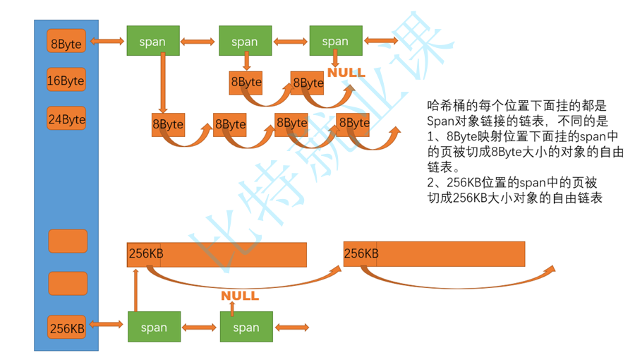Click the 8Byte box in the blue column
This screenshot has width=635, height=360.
click(x=66, y=42)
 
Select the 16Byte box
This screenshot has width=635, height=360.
click(x=66, y=80)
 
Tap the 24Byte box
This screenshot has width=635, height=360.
click(x=66, y=119)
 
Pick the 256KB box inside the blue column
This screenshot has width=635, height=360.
click(x=68, y=328)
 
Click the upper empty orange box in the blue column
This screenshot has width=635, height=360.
click(x=68, y=241)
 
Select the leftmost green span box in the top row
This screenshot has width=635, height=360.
click(x=152, y=41)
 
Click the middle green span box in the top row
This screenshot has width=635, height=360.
click(x=245, y=41)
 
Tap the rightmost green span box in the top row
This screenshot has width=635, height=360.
click(x=335, y=41)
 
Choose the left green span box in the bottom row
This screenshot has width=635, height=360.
click(x=154, y=327)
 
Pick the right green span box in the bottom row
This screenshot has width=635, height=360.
click(x=246, y=327)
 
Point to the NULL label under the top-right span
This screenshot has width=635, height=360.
click(x=346, y=73)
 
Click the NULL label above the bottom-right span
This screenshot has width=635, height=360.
click(x=240, y=296)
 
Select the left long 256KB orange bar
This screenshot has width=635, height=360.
click(x=217, y=254)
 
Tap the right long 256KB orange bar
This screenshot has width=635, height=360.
click(x=434, y=253)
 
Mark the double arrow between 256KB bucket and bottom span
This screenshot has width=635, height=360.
click(x=107, y=325)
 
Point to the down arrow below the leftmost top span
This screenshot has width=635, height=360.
click(x=162, y=83)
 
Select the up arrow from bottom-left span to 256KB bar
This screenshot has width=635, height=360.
click(x=135, y=289)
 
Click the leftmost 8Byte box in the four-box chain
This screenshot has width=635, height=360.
click(x=167, y=124)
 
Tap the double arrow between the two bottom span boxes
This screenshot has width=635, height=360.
click(x=200, y=327)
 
